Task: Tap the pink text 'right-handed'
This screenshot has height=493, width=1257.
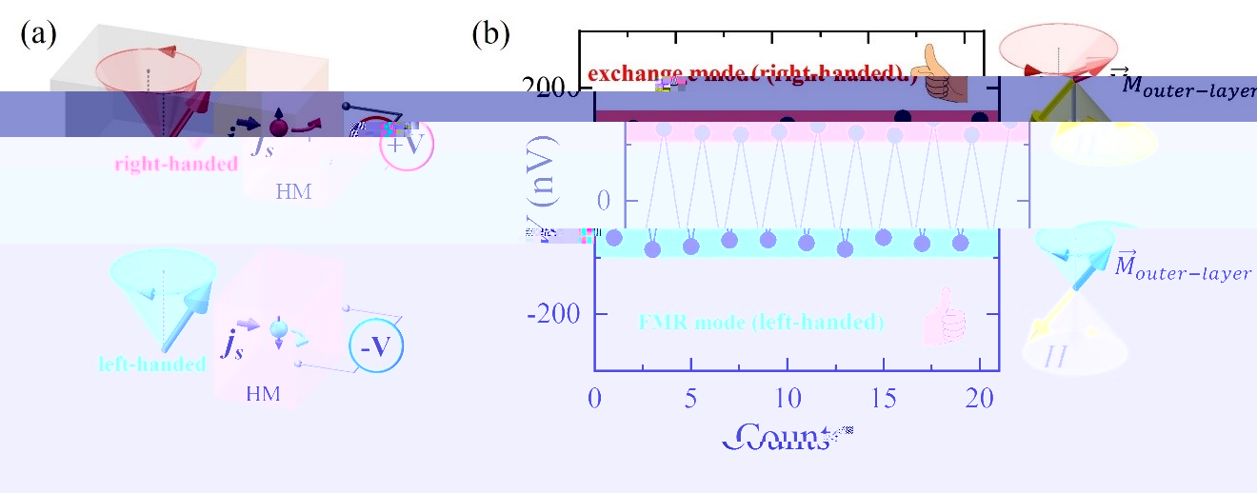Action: [x=176, y=164]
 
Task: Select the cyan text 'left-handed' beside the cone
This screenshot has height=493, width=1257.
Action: [x=152, y=364]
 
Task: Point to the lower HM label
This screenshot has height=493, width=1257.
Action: [x=264, y=393]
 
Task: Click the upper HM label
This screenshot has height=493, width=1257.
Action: [x=293, y=191]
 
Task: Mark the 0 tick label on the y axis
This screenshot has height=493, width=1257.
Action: [x=577, y=201]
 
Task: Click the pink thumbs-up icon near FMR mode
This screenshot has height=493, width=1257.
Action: [x=945, y=318]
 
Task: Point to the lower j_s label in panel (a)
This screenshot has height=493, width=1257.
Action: [x=233, y=344]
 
